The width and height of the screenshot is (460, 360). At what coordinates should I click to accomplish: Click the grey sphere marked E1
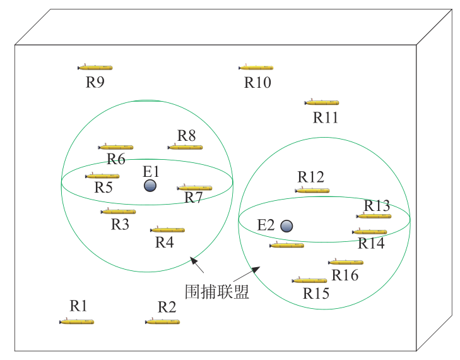coord(150,186)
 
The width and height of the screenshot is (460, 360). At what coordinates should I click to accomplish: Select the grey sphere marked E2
coord(286,226)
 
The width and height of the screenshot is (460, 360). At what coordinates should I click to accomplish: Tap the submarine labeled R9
coord(95,67)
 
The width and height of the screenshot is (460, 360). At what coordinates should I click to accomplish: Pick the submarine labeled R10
coord(256,67)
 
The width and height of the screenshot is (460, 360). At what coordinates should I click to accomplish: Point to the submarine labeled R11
coord(322,102)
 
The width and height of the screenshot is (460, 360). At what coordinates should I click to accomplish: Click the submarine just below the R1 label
coord(77,321)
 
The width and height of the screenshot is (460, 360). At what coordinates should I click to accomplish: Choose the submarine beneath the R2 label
coord(163,321)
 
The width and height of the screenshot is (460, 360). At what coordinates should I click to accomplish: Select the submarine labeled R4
coord(168,230)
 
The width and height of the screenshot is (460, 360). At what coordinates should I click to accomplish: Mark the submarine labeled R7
coord(194,188)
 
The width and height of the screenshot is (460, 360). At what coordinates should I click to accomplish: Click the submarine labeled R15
coord(310,280)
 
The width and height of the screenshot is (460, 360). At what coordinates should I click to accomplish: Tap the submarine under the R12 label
coord(312,190)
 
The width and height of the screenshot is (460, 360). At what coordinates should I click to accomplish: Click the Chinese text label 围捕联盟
coord(216,292)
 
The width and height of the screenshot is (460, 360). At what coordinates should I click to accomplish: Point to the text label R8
coord(187,136)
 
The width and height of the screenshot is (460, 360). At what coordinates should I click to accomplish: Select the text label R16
coord(345,275)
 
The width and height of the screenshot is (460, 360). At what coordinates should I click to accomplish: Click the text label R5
coord(103,188)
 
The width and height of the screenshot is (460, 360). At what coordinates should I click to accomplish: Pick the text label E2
coord(266,225)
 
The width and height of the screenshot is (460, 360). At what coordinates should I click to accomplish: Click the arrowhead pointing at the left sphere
coord(193,259)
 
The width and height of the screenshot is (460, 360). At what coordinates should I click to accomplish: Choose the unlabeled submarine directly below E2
coord(286,244)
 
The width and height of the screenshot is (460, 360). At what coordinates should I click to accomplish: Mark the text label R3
coord(120,224)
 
